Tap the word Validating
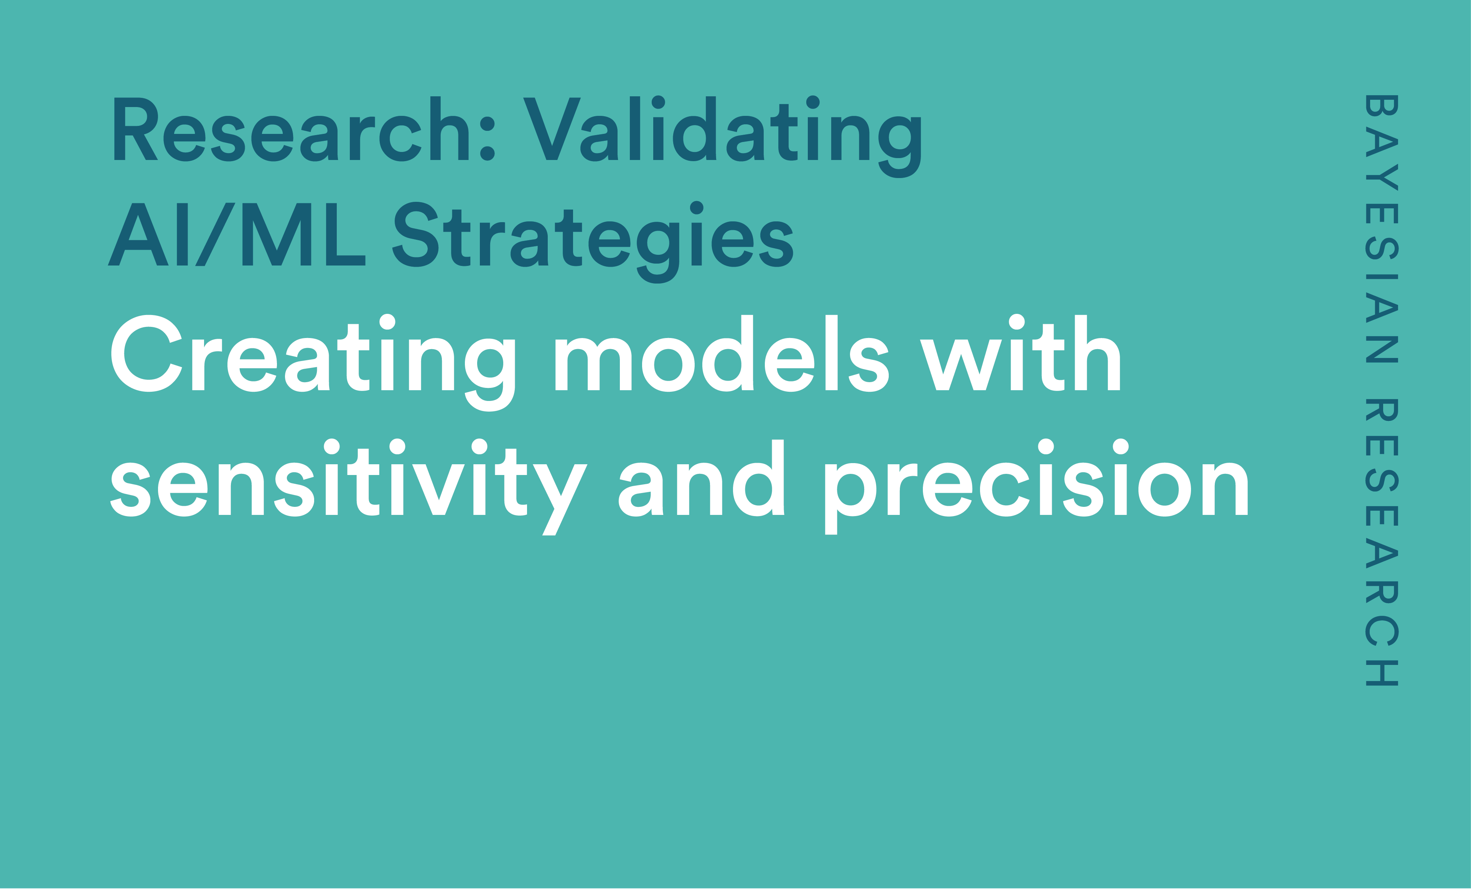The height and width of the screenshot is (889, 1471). pyautogui.click(x=722, y=137)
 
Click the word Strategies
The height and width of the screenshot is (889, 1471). pyautogui.click(x=593, y=242)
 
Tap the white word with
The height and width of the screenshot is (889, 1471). pyautogui.click(x=1020, y=353)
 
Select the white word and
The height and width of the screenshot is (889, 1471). pyautogui.click(x=701, y=478)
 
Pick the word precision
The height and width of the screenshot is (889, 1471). pyautogui.click(x=1037, y=487)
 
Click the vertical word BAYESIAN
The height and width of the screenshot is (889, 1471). pyautogui.click(x=1382, y=229)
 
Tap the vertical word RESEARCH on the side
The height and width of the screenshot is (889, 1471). pyautogui.click(x=1382, y=542)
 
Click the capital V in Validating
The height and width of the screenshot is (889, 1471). pyautogui.click(x=552, y=129)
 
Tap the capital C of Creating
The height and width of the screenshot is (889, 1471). pyautogui.click(x=146, y=353)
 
